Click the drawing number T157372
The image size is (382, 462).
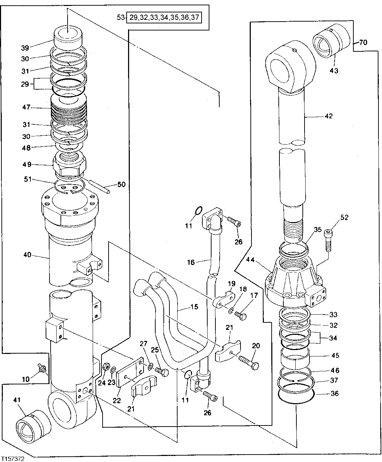[13, 458]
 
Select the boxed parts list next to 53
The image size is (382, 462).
[164, 17]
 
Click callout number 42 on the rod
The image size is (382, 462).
[329, 116]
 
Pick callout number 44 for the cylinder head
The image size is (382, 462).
[250, 260]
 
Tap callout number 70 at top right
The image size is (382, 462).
[363, 43]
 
